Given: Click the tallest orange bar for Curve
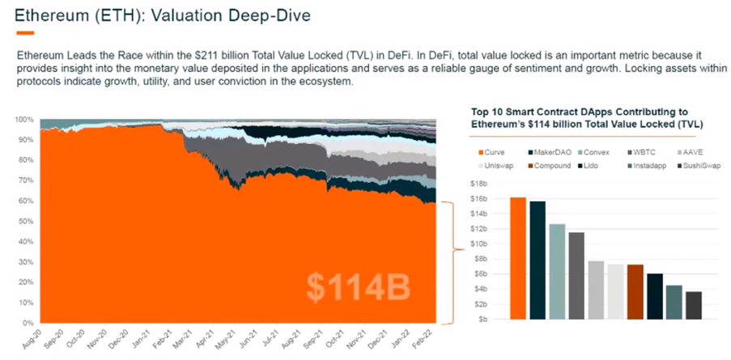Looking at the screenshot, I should tap(518, 258).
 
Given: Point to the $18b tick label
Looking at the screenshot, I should tap(479, 184).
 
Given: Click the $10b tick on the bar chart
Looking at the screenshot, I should tap(479, 244).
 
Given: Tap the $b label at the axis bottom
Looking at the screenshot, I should tap(482, 319).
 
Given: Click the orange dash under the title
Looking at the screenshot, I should tap(25, 32).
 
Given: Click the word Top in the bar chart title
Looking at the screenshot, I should tap(479, 112).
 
